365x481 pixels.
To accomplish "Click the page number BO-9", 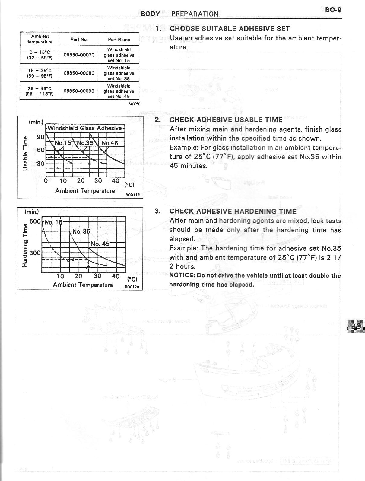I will tap(333, 10).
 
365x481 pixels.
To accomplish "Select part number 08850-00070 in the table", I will tap(79, 55).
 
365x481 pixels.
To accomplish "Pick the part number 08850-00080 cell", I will tap(79, 73).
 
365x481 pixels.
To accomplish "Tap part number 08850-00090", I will tap(79, 91).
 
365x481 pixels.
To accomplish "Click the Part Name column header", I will tap(119, 40).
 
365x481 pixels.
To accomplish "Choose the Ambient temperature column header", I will tap(40, 39).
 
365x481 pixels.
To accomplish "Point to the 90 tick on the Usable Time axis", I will tap(41, 137).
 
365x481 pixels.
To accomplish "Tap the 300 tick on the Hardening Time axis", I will tap(35, 253).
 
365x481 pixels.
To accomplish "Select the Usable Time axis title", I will tap(26, 153).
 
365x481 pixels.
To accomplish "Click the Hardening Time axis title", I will tap(25, 247).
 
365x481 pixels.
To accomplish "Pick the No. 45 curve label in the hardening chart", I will tap(100, 244).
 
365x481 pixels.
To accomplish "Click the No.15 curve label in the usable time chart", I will tap(63, 143).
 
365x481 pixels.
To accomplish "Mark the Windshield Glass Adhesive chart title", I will tap(85, 128).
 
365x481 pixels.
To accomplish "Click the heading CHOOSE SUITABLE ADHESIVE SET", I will tap(230, 29).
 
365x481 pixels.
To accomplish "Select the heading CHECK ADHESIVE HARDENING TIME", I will tap(233, 211).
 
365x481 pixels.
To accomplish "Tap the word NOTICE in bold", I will tap(182, 276).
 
